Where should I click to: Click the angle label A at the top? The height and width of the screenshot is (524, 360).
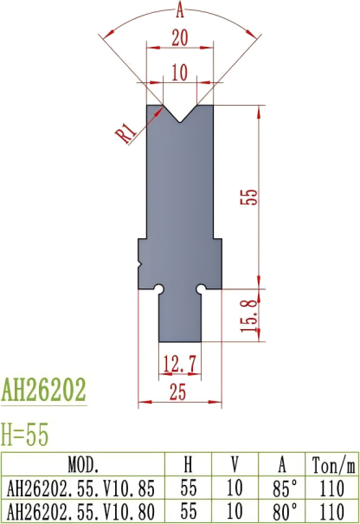point(179,10)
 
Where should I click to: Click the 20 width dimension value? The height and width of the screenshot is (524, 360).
point(179,38)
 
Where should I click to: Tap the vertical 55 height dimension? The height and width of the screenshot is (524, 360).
point(249,197)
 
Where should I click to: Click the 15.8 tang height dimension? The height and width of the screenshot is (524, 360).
point(249,315)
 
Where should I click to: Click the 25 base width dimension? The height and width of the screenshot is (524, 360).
point(179,392)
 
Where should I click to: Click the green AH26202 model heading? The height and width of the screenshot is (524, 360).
point(44,391)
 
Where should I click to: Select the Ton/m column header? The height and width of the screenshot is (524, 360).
point(334,463)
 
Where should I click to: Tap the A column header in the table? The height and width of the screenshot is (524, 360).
point(286,463)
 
